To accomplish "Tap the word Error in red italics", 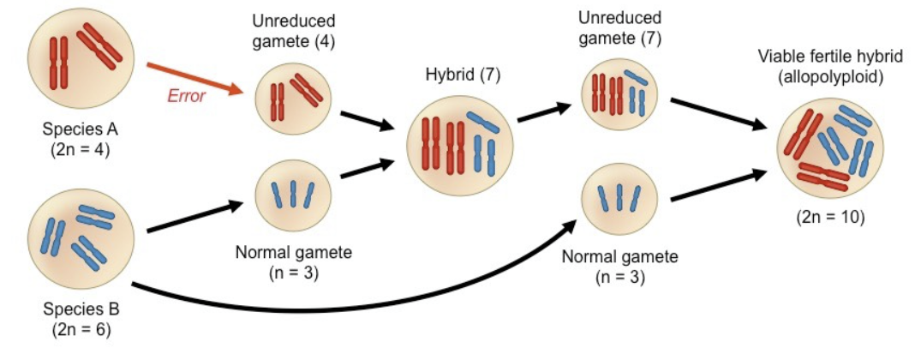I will click(186, 96).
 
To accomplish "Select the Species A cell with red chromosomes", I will click(81, 55).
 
